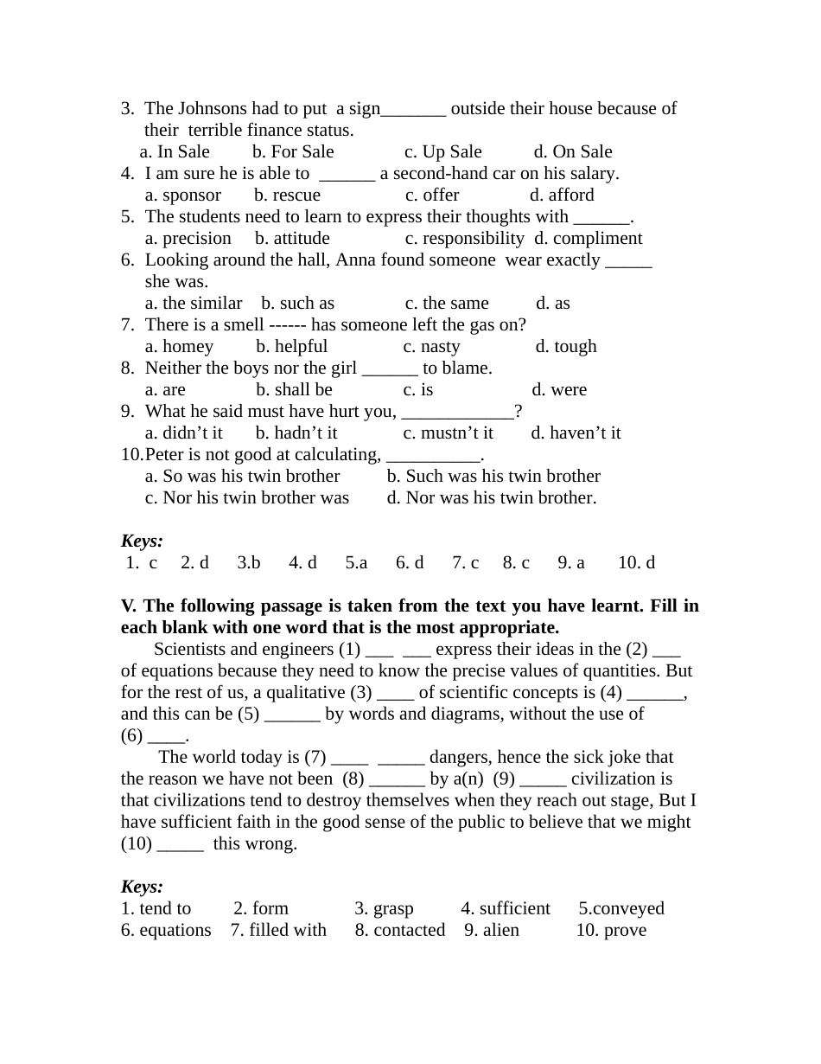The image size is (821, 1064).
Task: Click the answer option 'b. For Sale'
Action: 293,152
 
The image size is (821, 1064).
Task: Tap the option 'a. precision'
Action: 188,239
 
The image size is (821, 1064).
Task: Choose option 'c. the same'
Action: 447,304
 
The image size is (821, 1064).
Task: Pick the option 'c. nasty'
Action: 431,347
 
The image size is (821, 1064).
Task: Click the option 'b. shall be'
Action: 294,390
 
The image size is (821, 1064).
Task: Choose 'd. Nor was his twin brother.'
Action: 492,498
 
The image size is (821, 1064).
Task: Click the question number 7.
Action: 127,325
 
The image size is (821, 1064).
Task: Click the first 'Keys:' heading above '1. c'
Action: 142,542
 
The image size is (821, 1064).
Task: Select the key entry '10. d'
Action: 636,563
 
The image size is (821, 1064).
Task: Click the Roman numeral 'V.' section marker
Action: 130,606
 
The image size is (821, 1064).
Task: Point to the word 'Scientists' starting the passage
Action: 193,650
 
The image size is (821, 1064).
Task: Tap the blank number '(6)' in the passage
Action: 131,736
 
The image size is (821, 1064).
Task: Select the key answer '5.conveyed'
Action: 621,909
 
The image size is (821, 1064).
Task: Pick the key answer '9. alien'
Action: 492,931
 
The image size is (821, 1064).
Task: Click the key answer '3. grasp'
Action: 384,909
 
